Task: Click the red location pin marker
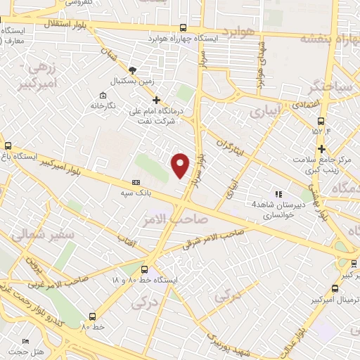(x=181, y=165)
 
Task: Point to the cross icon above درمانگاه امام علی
(x=156, y=100)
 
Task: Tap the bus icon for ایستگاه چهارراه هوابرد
(x=184, y=28)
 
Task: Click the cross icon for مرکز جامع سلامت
(x=321, y=149)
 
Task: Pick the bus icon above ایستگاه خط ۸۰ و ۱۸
(x=145, y=269)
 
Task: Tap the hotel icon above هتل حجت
(x=26, y=340)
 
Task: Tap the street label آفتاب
(x=129, y=240)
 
